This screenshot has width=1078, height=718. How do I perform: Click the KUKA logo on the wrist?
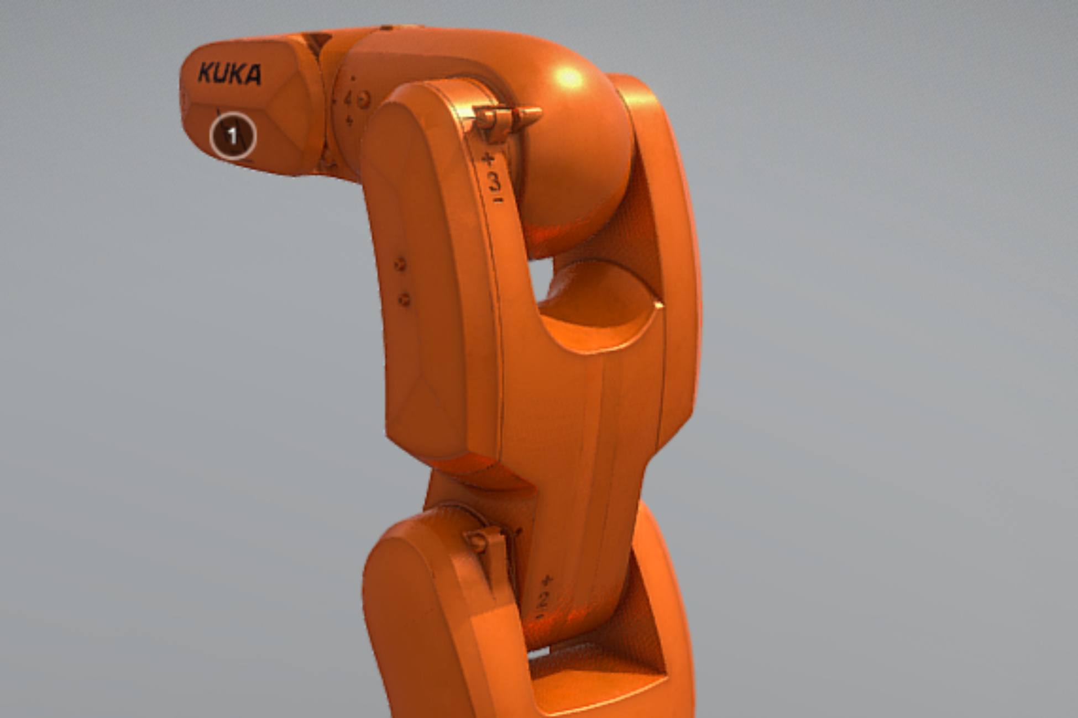click(229, 73)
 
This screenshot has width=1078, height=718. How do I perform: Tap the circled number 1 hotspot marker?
click(233, 135)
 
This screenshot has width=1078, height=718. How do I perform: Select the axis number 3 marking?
click(494, 181)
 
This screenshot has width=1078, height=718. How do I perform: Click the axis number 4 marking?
click(348, 99)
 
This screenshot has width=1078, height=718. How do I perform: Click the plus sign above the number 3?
click(488, 160)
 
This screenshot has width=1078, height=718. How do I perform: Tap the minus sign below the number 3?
click(498, 199)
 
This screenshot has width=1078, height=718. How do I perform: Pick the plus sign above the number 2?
click(547, 580)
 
